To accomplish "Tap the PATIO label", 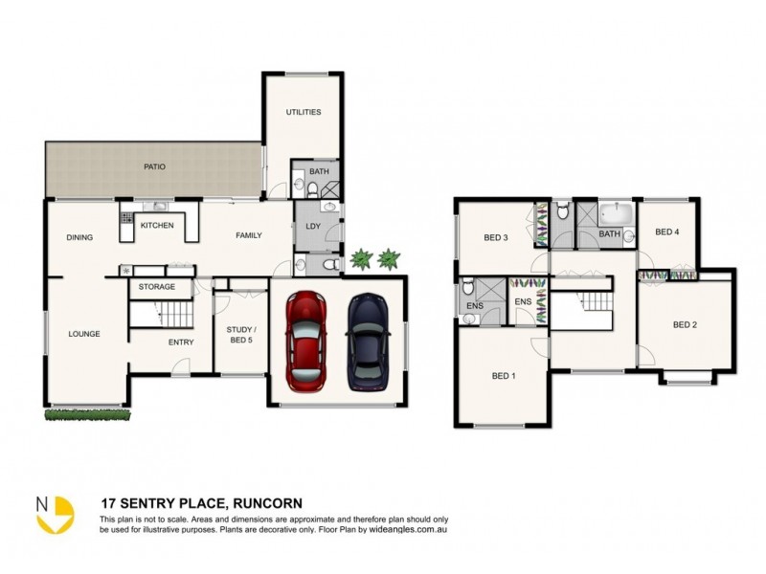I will point(154,166).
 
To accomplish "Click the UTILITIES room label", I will point(303,113).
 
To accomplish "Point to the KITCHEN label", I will point(157,226).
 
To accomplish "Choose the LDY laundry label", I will point(313,226).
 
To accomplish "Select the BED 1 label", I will point(504,376).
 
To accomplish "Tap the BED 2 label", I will point(685,324).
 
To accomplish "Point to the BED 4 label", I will point(666,232).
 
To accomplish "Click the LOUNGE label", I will point(84,334).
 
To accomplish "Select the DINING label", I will point(79,237).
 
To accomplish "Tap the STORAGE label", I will point(156,286).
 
